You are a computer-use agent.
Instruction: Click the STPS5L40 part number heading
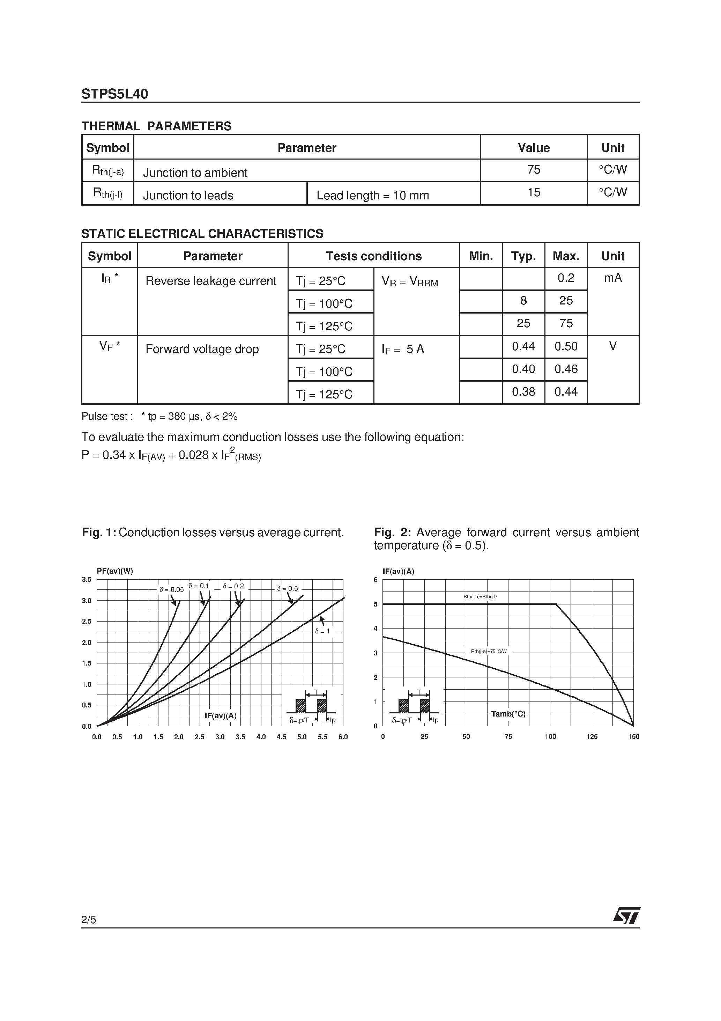[x=115, y=94]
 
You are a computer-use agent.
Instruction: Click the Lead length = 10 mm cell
[x=372, y=195]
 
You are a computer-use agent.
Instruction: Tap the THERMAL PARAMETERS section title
[x=156, y=126]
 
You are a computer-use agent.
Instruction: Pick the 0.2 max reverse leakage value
[x=566, y=278]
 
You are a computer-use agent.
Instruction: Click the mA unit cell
[x=612, y=278]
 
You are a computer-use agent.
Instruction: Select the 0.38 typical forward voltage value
[x=523, y=392]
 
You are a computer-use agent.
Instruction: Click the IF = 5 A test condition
[x=403, y=350]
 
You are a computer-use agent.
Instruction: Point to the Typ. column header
[x=523, y=256]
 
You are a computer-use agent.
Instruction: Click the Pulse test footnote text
[x=159, y=417]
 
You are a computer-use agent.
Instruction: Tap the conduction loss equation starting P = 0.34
[x=171, y=456]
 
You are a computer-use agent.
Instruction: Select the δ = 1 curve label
[x=322, y=631]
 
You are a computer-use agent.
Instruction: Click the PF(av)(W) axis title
[x=115, y=571]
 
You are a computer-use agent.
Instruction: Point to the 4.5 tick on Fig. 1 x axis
[x=281, y=737]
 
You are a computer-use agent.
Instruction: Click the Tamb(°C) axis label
[x=508, y=714]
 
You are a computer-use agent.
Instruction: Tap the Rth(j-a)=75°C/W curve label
[x=489, y=652]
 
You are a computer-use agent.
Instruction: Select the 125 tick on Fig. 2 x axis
[x=592, y=737]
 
